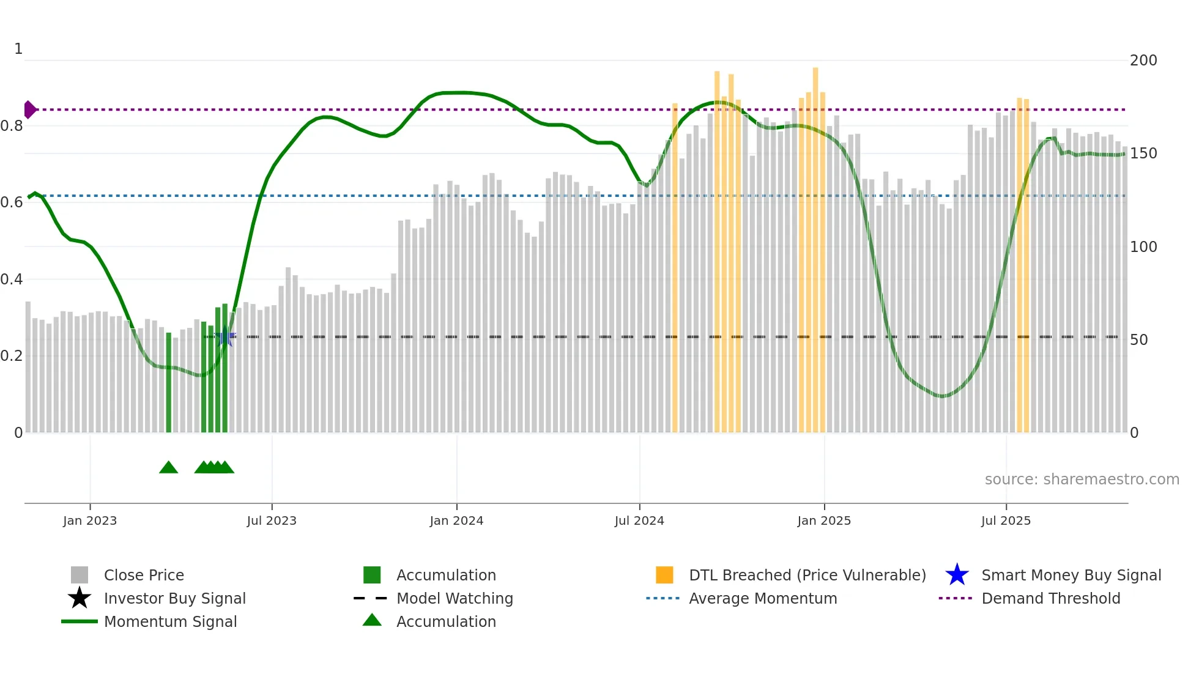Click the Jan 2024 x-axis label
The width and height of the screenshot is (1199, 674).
pyautogui.click(x=456, y=520)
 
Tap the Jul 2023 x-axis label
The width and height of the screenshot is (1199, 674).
pyautogui.click(x=272, y=520)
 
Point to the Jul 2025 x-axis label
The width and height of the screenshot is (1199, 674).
pyautogui.click(x=1006, y=520)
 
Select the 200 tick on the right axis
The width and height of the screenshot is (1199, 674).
pyautogui.click(x=1143, y=61)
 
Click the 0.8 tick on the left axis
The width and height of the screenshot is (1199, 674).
pyautogui.click(x=12, y=126)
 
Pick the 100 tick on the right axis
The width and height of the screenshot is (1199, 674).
pyautogui.click(x=1143, y=247)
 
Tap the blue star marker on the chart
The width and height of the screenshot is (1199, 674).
pyautogui.click(x=225, y=336)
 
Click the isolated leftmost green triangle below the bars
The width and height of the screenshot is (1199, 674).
pyautogui.click(x=168, y=468)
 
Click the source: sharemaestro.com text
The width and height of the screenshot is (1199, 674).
pyautogui.click(x=1082, y=480)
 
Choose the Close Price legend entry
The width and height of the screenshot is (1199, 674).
pyautogui.click(x=144, y=576)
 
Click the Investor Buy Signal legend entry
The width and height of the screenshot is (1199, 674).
pyautogui.click(x=174, y=599)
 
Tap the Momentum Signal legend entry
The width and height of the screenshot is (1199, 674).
pyautogui.click(x=170, y=622)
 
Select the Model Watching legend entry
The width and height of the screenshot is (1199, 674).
pyautogui.click(x=455, y=599)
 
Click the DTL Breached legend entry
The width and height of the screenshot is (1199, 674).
pyautogui.click(x=807, y=576)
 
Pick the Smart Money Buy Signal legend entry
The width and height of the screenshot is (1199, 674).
pyautogui.click(x=1071, y=576)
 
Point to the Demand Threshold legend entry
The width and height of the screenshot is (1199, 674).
pyautogui.click(x=1050, y=599)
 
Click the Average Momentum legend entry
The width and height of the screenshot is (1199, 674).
pyautogui.click(x=763, y=599)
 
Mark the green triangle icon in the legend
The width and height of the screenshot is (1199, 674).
pyautogui.click(x=372, y=621)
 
